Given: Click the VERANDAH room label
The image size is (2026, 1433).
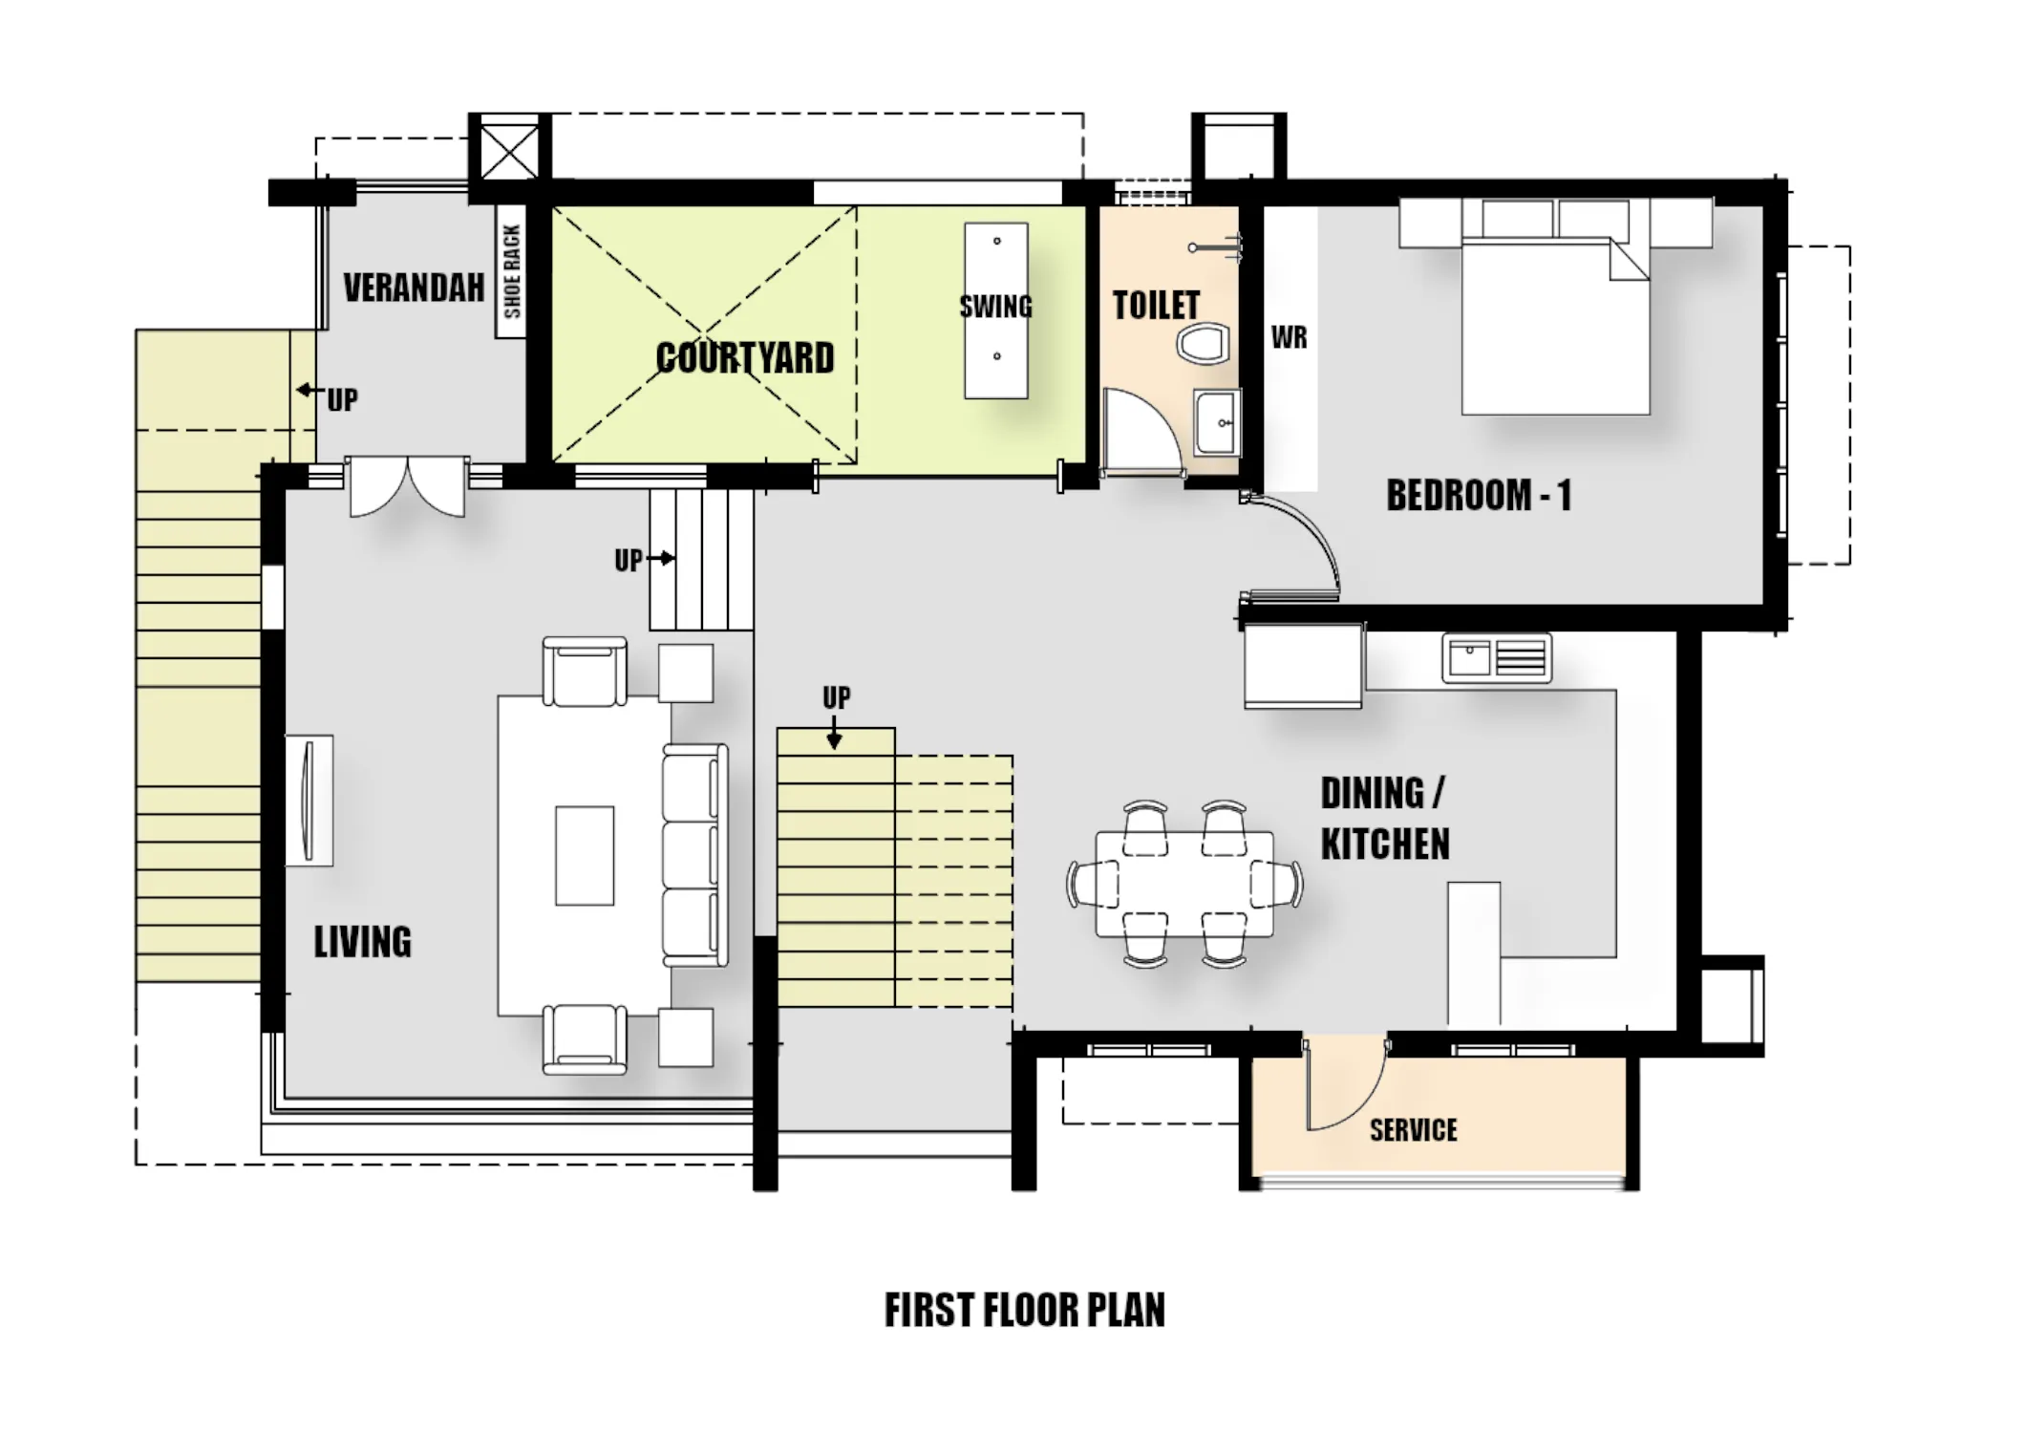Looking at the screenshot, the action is (x=414, y=288).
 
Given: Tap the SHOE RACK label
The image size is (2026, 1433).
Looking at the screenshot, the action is (x=512, y=272).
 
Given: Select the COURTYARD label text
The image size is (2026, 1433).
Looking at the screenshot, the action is (x=745, y=358).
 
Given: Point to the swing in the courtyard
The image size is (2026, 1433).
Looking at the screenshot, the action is (x=996, y=310).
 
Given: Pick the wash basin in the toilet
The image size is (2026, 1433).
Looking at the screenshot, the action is (x=1217, y=421).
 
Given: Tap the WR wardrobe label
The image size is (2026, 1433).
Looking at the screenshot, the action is (x=1289, y=337).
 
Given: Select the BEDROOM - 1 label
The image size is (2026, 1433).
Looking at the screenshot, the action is (x=1479, y=496).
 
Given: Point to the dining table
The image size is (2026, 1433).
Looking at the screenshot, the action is (x=1184, y=884).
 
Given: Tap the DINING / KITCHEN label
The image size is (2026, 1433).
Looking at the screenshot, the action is (x=1385, y=819).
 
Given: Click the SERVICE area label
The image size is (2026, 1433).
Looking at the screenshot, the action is (x=1414, y=1130).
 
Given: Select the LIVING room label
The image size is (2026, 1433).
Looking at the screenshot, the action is (x=363, y=942).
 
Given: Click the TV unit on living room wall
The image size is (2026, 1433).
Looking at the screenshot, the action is (x=309, y=801).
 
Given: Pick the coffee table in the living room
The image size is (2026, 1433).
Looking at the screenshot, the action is (x=585, y=855).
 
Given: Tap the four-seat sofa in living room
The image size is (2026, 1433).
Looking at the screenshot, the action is (x=695, y=855).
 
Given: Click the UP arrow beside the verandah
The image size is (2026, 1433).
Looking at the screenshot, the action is (x=309, y=390).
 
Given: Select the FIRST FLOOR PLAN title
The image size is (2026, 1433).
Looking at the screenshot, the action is (x=1025, y=1310).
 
